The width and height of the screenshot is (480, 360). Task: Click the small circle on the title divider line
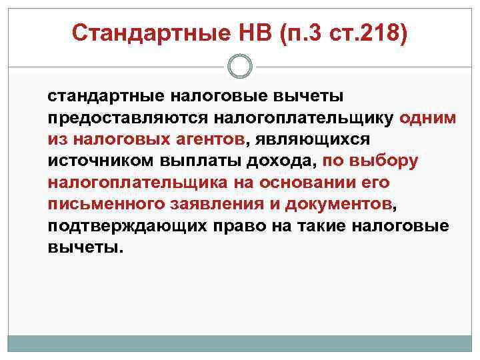click(240, 65)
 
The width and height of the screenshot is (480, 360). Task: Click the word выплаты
click(201, 161)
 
